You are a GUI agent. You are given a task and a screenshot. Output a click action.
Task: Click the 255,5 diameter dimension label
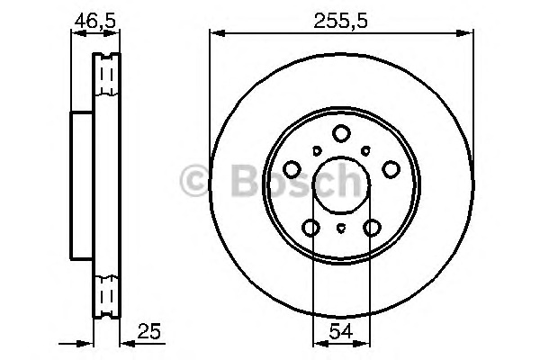340,22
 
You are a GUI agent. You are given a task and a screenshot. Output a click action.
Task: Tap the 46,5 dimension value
95,22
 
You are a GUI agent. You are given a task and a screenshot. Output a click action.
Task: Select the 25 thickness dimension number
148,331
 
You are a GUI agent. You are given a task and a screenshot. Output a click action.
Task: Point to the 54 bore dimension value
341,331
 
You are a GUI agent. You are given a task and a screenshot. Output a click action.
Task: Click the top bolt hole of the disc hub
341,133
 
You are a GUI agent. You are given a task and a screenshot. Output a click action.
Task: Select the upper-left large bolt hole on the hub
292,169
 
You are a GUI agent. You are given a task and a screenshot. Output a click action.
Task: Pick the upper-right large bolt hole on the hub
391,169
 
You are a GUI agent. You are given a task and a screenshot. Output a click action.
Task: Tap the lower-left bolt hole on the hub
310,228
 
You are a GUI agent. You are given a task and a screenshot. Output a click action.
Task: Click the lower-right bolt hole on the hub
373,228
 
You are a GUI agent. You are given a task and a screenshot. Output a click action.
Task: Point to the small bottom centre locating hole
341,228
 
